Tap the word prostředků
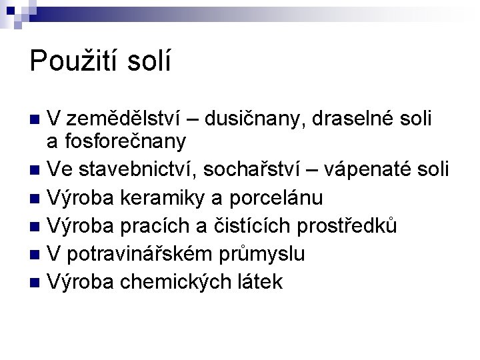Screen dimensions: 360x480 pos(345,226)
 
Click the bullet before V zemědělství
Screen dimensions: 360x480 pos(35,121)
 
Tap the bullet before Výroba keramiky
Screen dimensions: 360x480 pos(35,199)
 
